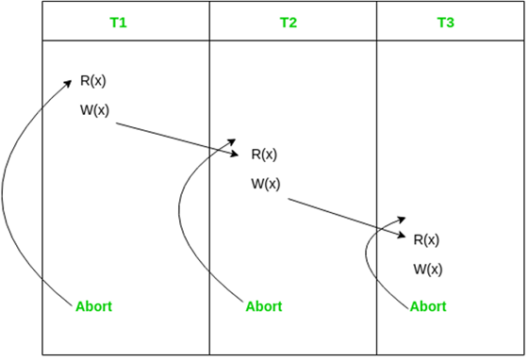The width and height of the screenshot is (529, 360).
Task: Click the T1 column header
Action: (118, 22)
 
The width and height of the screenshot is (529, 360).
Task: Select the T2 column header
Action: (289, 22)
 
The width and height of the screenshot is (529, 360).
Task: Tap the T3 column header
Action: (446, 22)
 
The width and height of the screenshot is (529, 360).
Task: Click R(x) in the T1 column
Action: (92, 81)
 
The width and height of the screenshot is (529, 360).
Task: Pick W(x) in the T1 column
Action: (94, 110)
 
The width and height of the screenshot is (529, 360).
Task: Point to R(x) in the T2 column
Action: (264, 155)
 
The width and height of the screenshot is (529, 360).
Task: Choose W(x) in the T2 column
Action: (266, 184)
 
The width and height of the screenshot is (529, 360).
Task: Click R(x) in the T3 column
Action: (426, 239)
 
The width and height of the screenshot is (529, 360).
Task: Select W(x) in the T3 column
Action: (428, 270)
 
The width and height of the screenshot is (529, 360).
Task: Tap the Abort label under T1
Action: (93, 306)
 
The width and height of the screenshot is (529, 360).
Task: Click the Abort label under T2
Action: (264, 306)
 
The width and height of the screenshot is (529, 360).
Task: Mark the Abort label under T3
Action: (428, 306)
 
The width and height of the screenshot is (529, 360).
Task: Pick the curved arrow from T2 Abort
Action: (180, 226)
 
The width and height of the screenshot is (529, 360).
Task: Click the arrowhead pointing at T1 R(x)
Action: (68, 82)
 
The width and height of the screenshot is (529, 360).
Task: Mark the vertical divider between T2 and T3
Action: (377, 141)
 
